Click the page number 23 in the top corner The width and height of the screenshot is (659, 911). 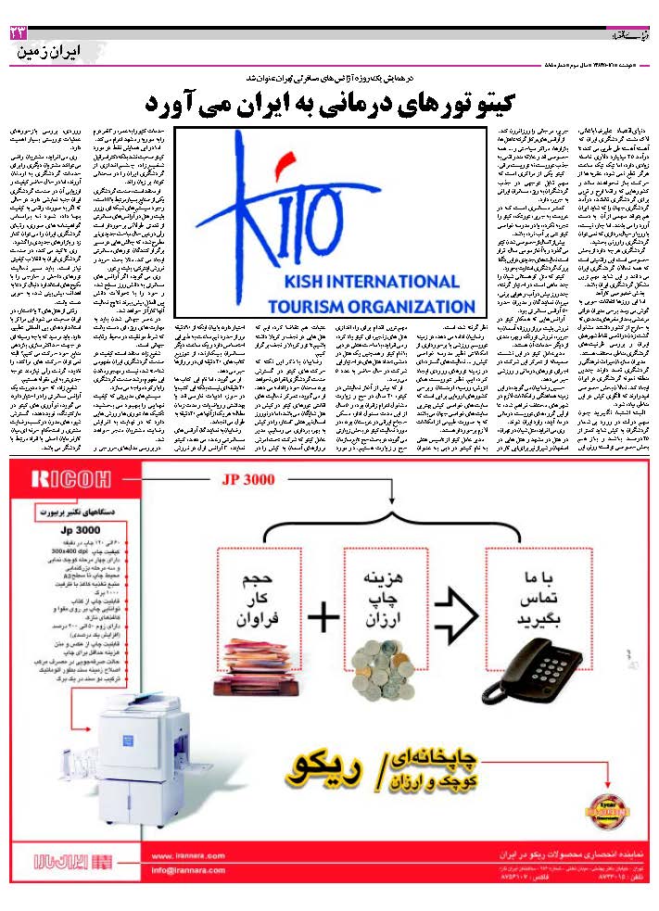(x=18, y=33)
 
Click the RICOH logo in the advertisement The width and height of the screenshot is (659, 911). (x=58, y=479)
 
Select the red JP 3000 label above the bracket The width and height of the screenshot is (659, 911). (x=249, y=481)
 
